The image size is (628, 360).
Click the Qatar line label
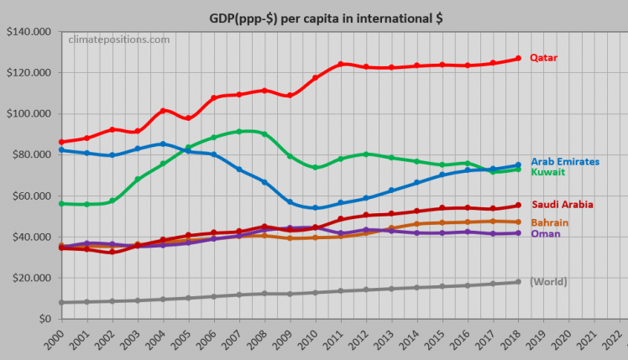[543, 58]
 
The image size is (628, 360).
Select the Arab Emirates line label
[565, 160]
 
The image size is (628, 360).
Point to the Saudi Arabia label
[562, 204]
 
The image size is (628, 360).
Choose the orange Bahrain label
[550, 222]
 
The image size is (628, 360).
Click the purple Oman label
[545, 233]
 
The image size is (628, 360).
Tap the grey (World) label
[548, 281]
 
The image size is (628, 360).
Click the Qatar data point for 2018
[519, 58]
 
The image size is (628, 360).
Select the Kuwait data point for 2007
[240, 131]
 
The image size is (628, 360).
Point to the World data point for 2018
[519, 281]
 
